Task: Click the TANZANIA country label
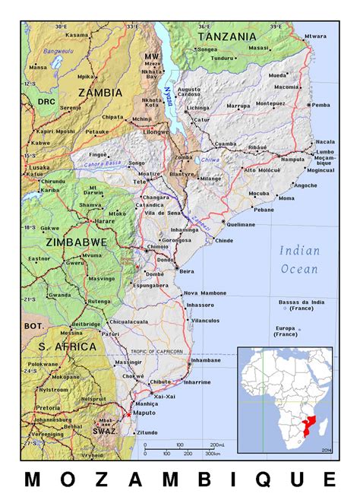click(227, 36)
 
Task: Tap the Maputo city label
click(144, 413)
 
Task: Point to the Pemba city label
click(322, 104)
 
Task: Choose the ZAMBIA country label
click(100, 93)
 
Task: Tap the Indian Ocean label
click(300, 259)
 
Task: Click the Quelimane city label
click(242, 225)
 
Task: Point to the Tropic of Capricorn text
click(156, 352)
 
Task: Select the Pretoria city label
click(47, 407)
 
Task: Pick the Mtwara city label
click(316, 36)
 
